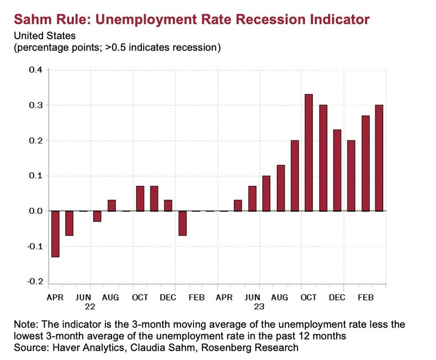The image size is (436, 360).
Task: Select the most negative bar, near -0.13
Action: click(55, 234)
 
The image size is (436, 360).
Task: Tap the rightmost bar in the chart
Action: click(379, 158)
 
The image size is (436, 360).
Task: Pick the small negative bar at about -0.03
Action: click(97, 216)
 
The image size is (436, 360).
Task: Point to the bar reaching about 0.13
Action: click(280, 188)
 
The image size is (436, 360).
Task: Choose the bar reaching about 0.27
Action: click(365, 163)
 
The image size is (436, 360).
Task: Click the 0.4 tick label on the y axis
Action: click(35, 70)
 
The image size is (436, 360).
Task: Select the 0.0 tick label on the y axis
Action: click(35, 211)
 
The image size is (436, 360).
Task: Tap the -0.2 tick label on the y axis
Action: click(34, 282)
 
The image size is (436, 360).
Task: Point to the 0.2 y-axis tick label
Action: click(35, 141)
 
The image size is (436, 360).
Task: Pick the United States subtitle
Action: click(42, 36)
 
